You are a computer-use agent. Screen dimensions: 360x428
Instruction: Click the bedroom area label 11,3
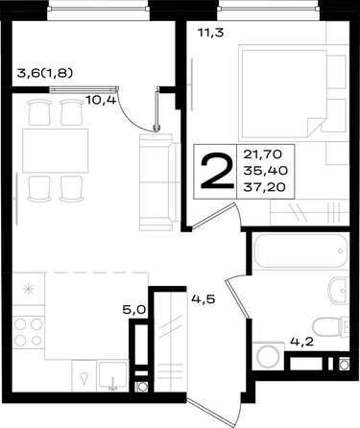click(x=210, y=33)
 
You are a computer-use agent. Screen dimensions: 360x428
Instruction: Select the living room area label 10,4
click(x=101, y=101)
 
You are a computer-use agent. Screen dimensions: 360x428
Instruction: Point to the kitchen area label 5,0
click(x=134, y=310)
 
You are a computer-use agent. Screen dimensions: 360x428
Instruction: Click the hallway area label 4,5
click(x=204, y=299)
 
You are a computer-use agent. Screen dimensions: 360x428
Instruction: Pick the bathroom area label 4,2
click(x=301, y=342)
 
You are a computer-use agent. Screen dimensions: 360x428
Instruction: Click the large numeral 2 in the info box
click(x=217, y=172)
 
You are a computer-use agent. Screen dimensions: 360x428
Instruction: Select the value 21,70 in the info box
click(x=263, y=155)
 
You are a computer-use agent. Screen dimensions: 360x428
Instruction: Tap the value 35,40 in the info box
click(x=265, y=171)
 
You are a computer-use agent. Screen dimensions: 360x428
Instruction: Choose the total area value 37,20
click(x=264, y=187)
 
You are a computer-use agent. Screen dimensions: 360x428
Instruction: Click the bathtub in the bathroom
click(x=300, y=251)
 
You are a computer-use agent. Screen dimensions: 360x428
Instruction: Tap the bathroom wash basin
click(x=338, y=291)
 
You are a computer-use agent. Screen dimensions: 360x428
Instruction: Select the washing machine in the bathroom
click(x=268, y=356)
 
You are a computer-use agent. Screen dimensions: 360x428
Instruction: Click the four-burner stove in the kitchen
click(x=28, y=332)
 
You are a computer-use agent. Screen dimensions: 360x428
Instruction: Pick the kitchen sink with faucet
click(x=113, y=375)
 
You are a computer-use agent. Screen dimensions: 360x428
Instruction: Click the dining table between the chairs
click(x=56, y=151)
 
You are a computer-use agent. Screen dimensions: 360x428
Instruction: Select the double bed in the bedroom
click(x=284, y=93)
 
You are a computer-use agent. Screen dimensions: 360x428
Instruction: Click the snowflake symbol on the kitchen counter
click(x=28, y=289)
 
